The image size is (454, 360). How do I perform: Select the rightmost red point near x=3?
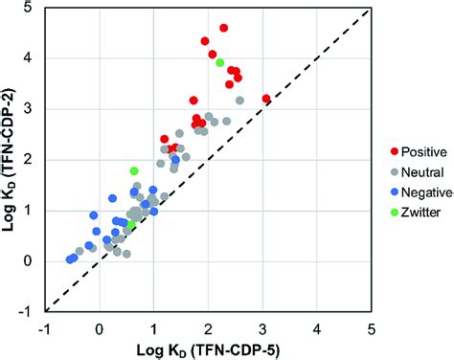pos(266,99)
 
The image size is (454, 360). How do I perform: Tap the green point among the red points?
pos(220,62)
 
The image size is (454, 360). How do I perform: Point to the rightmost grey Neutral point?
pos(239,101)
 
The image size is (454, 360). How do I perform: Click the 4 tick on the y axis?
pos(34,58)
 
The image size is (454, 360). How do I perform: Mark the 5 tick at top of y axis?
pos(34,9)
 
